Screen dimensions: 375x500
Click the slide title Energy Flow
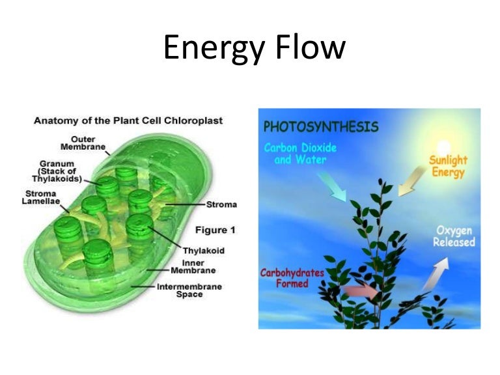[x=254, y=49]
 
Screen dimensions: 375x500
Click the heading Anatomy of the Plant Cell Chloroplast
[x=128, y=121]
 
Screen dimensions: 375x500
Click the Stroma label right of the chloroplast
[x=221, y=204]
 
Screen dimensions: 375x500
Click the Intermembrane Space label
[x=189, y=290]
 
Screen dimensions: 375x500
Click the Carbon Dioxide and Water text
[x=299, y=153]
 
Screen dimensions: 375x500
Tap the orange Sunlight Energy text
[x=447, y=167]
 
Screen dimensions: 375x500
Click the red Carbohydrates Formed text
[x=293, y=279]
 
